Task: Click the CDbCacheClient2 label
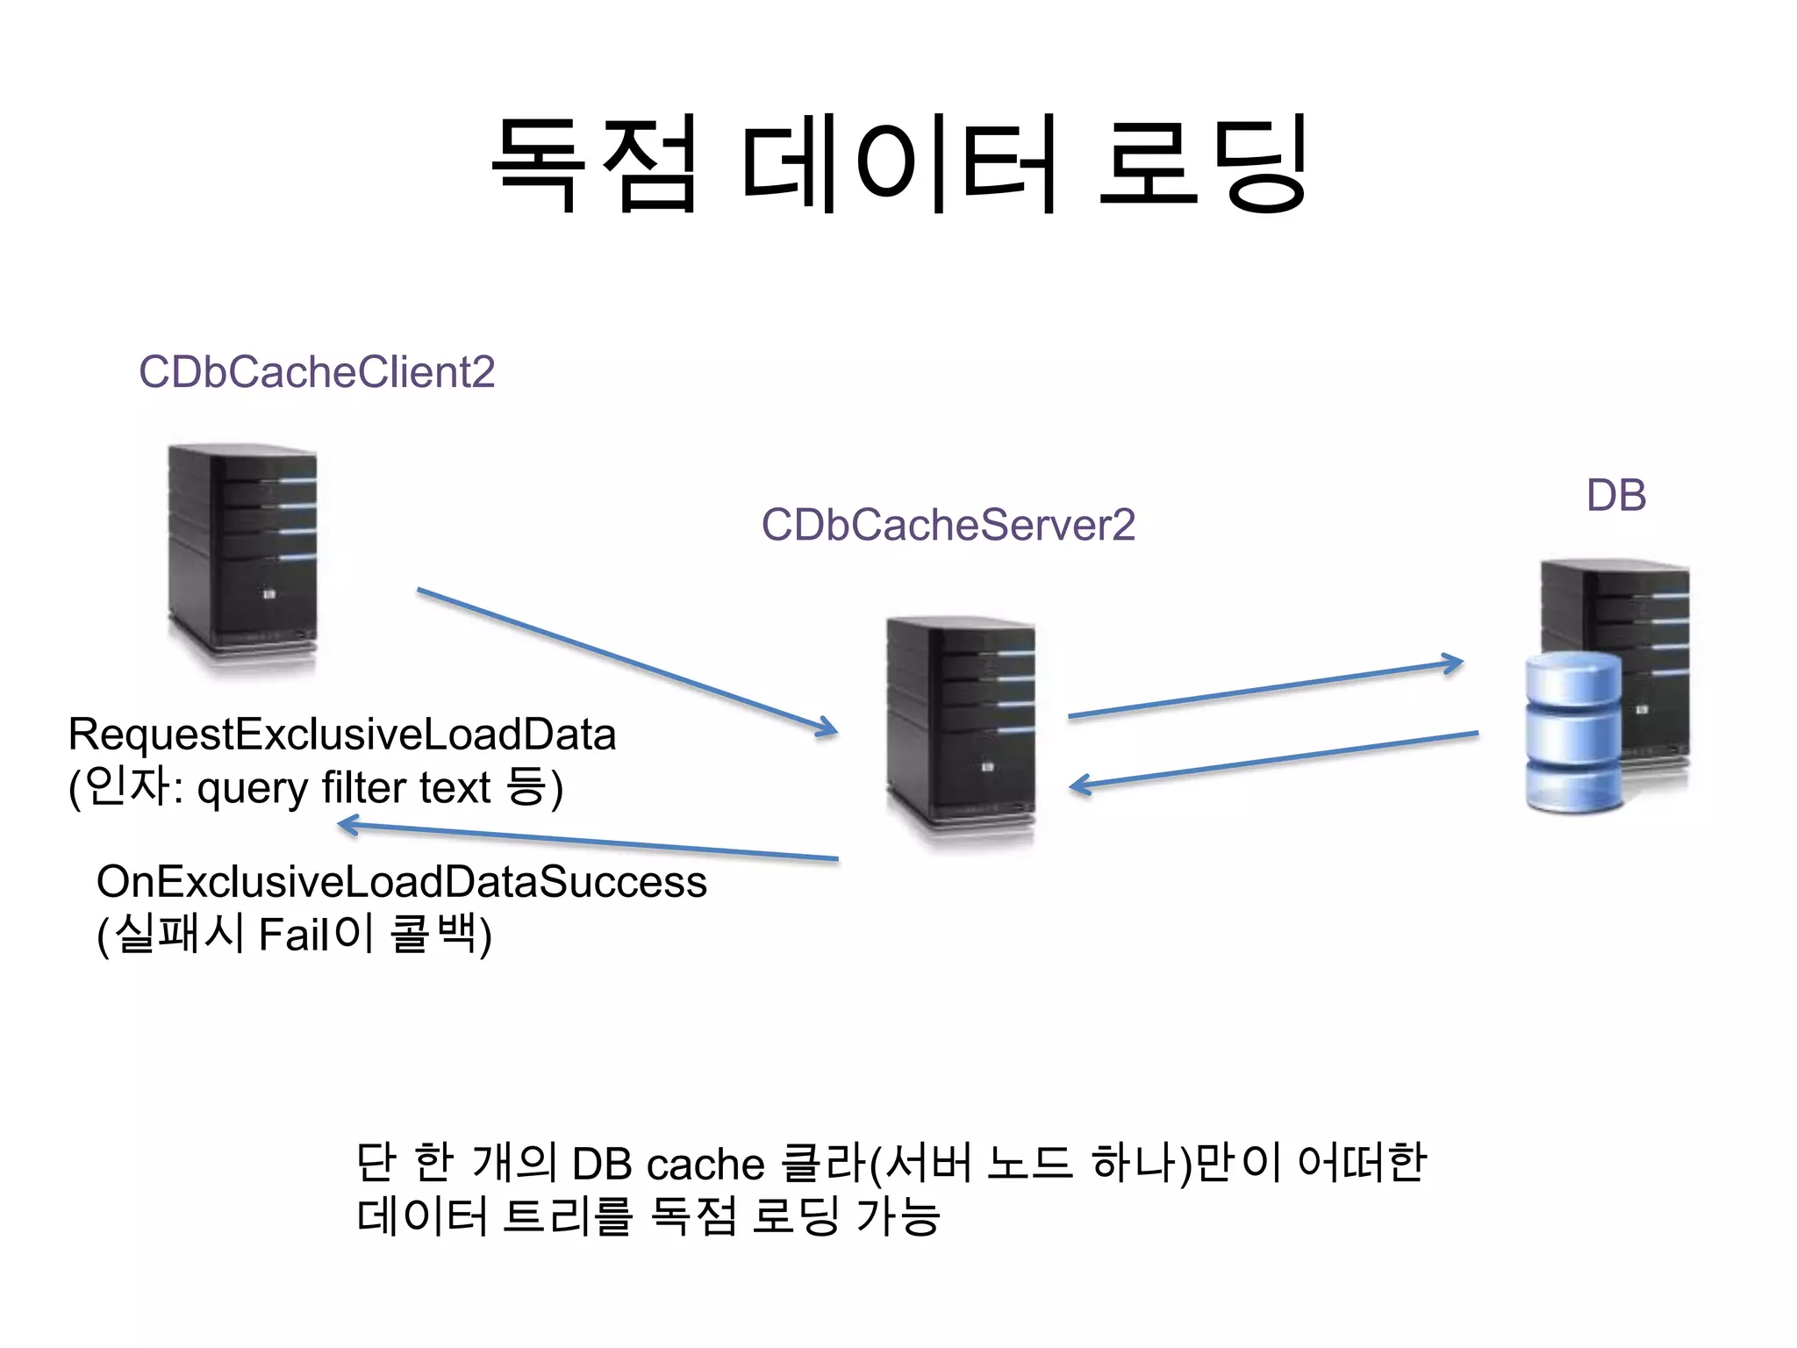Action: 317,372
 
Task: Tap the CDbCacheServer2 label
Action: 948,525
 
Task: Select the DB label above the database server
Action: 1615,496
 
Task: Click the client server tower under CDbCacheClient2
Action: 243,557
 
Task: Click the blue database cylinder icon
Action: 1572,733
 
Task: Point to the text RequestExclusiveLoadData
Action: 342,735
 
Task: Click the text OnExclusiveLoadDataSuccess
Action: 401,881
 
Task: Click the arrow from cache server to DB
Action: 1264,690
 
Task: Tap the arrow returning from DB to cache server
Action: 1272,760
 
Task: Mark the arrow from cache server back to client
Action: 588,842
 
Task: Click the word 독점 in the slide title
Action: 596,164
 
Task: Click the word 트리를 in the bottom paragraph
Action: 568,1216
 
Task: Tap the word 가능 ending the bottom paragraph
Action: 897,1216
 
